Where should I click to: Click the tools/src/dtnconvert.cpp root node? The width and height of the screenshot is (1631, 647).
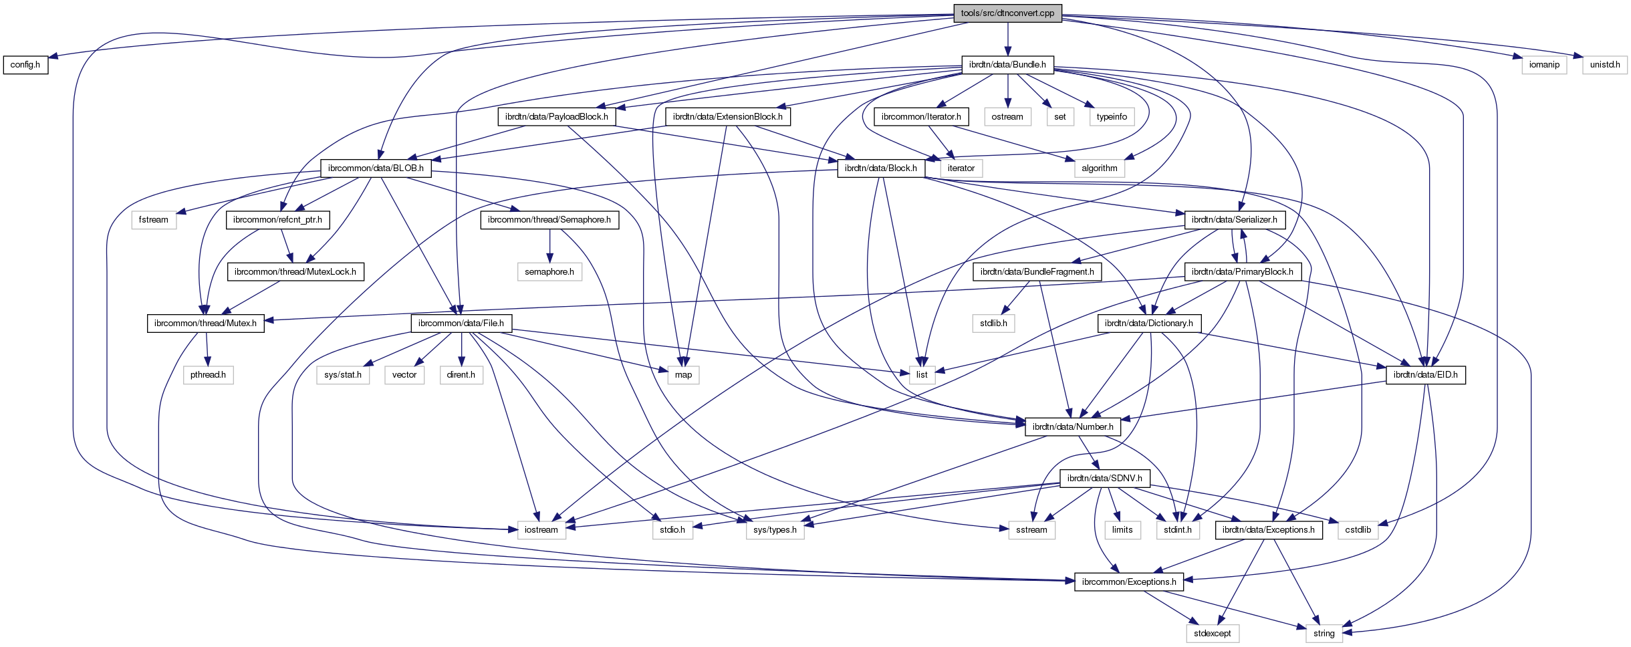pos(1007,13)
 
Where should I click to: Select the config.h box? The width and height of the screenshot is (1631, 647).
pos(25,65)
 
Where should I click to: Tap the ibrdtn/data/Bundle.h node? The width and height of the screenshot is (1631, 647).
pos(1007,65)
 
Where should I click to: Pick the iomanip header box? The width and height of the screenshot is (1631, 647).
pos(1544,65)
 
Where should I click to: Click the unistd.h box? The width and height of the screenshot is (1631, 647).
pos(1605,65)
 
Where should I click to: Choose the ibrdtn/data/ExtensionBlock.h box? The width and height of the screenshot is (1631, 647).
pos(727,117)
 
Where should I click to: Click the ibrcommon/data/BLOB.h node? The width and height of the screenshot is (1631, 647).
pos(376,168)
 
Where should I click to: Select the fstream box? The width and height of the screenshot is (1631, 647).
pos(154,220)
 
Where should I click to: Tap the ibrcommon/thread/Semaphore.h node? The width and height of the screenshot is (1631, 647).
pos(549,220)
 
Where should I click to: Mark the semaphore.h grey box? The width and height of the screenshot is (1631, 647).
pos(549,272)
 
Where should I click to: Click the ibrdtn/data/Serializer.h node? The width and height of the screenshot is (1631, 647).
pos(1234,220)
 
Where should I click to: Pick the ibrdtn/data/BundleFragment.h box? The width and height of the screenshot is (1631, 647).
pos(1037,272)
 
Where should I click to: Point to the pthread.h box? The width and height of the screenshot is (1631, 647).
pos(208,375)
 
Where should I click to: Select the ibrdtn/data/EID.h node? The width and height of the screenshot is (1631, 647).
pos(1425,375)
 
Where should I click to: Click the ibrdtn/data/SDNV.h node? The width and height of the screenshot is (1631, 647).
pos(1104,479)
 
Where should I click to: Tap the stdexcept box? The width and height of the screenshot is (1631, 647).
pos(1212,634)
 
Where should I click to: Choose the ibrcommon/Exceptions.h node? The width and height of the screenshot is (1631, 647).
pos(1128,582)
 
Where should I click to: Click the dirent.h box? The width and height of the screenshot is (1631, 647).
pos(461,375)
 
